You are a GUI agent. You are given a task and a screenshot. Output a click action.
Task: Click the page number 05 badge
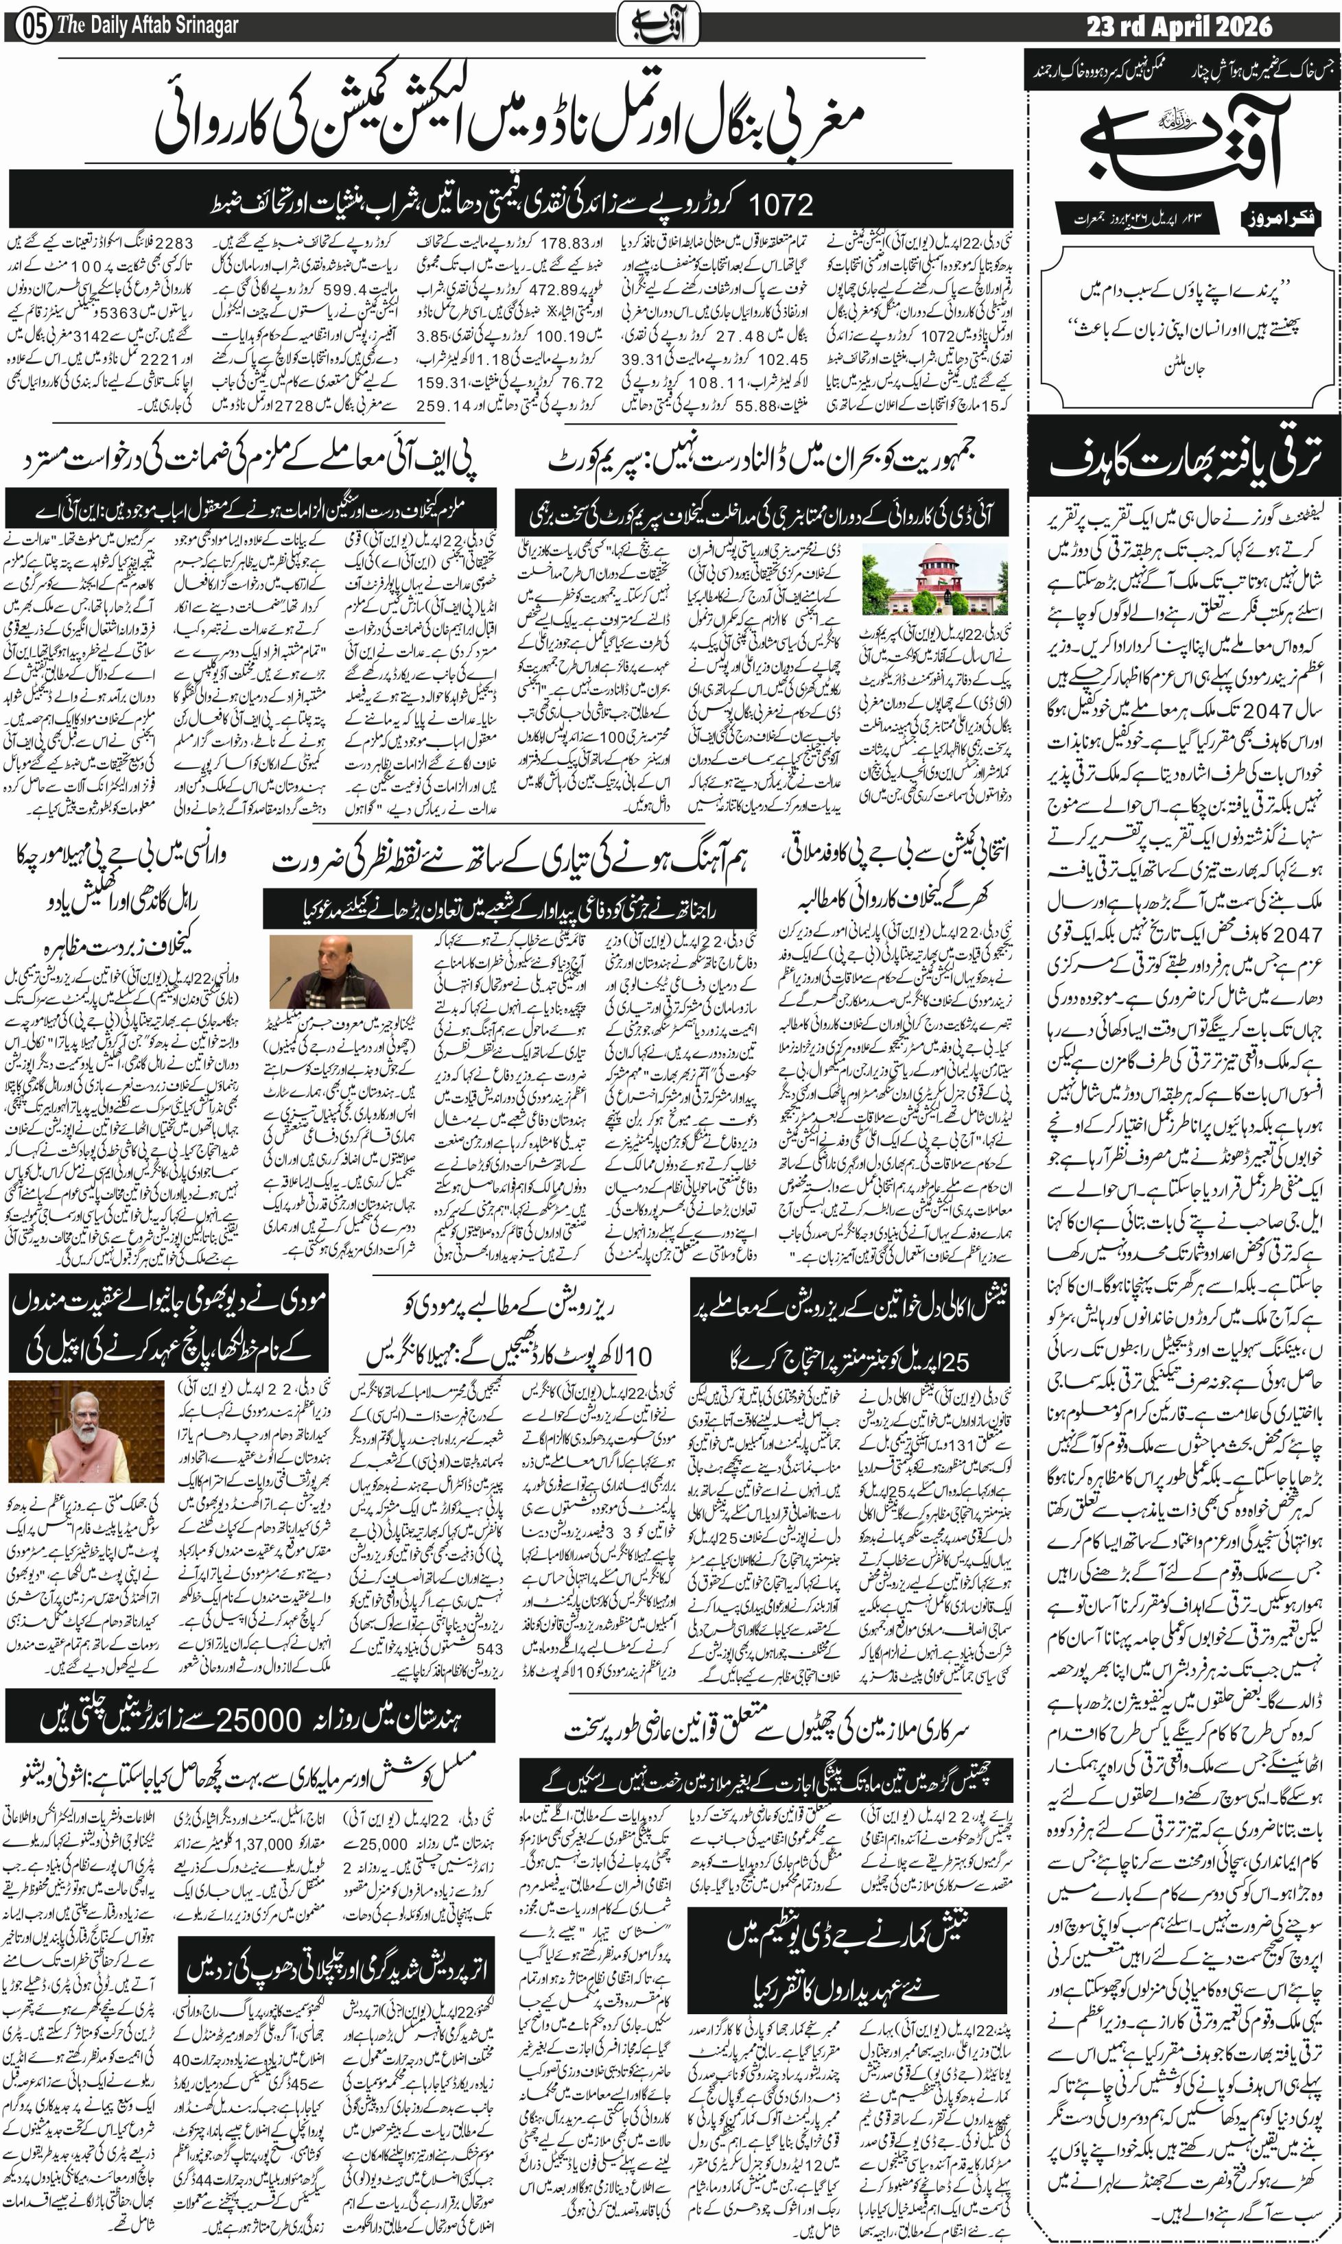pyautogui.click(x=27, y=25)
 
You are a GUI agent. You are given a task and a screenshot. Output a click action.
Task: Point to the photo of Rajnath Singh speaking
pyautogui.click(x=341, y=983)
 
